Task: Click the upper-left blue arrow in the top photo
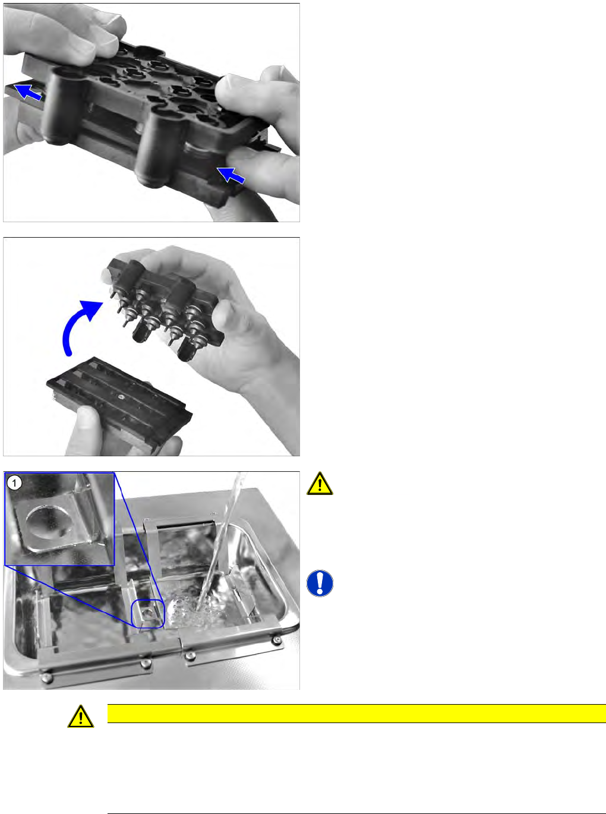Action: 28,92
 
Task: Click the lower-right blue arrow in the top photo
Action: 231,175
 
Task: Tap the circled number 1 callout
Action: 15,483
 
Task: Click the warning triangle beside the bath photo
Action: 320,484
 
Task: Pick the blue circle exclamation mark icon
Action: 320,583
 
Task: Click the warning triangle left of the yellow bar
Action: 81,717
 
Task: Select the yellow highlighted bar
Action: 356,714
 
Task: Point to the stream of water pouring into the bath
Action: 218,540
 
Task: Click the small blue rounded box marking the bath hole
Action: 147,613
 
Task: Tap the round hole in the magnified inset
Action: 47,521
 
